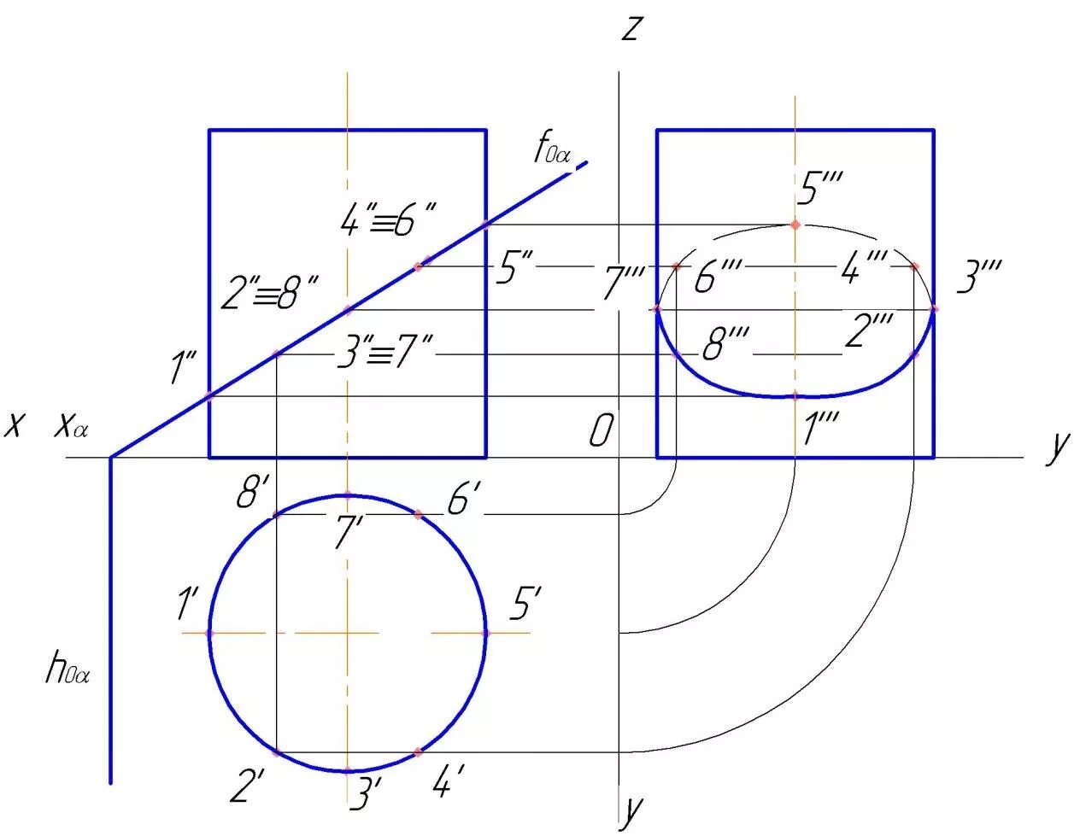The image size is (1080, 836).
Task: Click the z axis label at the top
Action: coord(631,29)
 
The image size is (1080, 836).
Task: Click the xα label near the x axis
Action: coord(72,424)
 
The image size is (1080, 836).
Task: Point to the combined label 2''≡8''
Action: coord(268,293)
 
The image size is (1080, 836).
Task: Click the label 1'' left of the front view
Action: coord(183,370)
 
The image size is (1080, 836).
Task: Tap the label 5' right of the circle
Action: coord(525,605)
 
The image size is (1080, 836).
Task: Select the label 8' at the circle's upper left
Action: coord(255,494)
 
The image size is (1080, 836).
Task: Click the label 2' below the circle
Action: coord(246,786)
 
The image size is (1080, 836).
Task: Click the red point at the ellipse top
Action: coord(795,225)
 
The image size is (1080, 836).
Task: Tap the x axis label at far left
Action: coord(13,424)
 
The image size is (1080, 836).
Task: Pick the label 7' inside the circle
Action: coord(348,533)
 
